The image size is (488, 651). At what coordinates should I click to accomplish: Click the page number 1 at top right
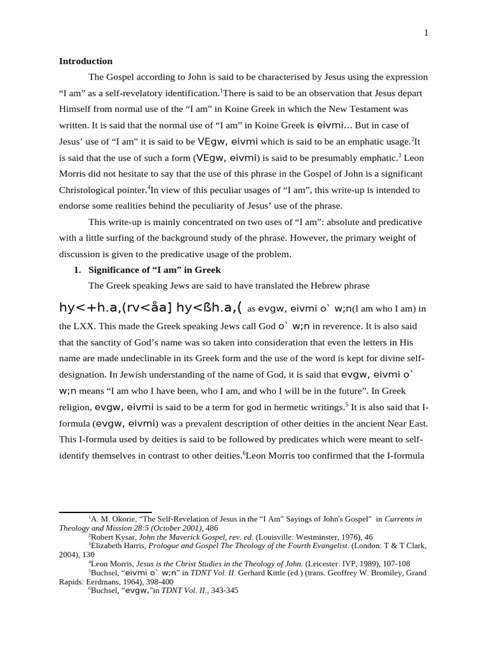pos(426,34)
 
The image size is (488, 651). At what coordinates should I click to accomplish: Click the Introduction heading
pos(86,62)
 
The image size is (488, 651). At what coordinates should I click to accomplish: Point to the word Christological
pos(89,189)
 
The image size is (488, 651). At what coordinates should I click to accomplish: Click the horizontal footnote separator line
pos(105,512)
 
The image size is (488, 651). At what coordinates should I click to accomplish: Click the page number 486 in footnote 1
pos(212,528)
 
